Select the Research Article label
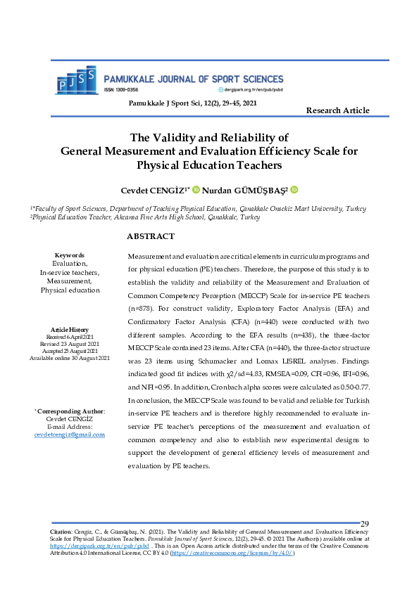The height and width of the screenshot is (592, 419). click(337, 110)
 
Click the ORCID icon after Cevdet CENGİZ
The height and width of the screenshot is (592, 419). click(196, 190)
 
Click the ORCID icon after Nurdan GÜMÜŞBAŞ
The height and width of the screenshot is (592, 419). click(294, 190)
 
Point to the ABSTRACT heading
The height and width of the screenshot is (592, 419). click(151, 237)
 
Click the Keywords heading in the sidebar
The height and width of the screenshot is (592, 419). click(70, 255)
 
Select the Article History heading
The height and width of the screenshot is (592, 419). click(70, 330)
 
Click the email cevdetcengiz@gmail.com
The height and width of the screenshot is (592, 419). click(70, 435)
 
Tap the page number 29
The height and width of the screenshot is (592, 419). click(365, 524)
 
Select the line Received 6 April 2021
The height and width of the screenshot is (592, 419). click(70, 337)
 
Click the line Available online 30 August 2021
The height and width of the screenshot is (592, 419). click(70, 358)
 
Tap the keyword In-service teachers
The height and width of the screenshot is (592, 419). click(70, 272)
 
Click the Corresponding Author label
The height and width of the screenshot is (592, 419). click(70, 411)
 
